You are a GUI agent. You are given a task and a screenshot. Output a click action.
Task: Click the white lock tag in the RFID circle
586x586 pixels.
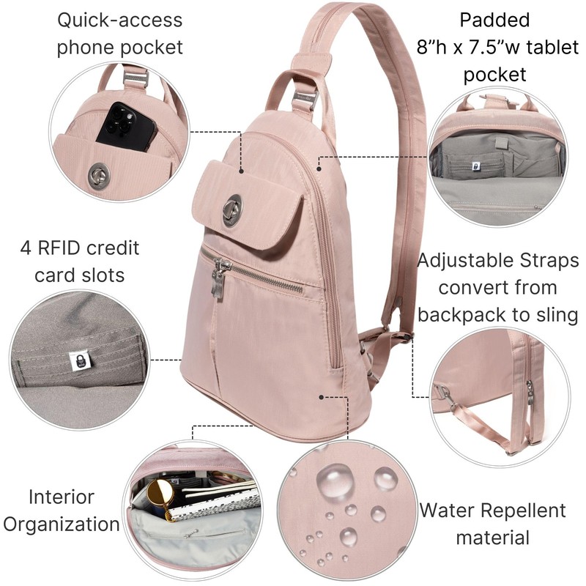[x=75, y=359]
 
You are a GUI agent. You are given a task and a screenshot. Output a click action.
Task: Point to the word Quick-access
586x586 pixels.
[x=119, y=19]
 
